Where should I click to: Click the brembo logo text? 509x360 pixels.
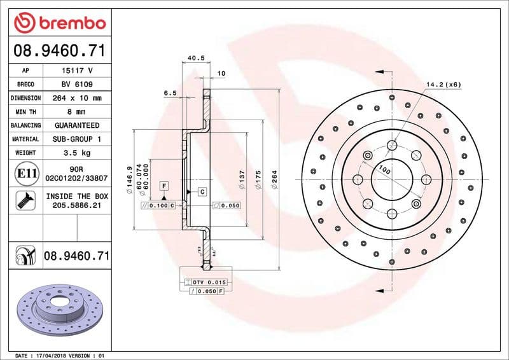coord(68,24)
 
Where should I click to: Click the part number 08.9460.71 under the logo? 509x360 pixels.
coord(59,50)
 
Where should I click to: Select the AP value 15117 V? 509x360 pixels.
coord(76,71)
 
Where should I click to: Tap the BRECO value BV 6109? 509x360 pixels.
coord(76,85)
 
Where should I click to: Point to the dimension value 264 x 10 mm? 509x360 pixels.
coord(76,98)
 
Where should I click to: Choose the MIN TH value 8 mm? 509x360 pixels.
coord(76,112)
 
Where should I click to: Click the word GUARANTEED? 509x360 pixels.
coord(76,125)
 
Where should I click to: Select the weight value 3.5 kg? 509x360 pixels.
coord(76,153)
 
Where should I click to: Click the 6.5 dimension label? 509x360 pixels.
coord(170,93)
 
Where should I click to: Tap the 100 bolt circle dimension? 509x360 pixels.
coord(384,170)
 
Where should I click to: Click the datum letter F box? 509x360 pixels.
coord(164,185)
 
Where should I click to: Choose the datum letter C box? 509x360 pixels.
coord(202,191)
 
